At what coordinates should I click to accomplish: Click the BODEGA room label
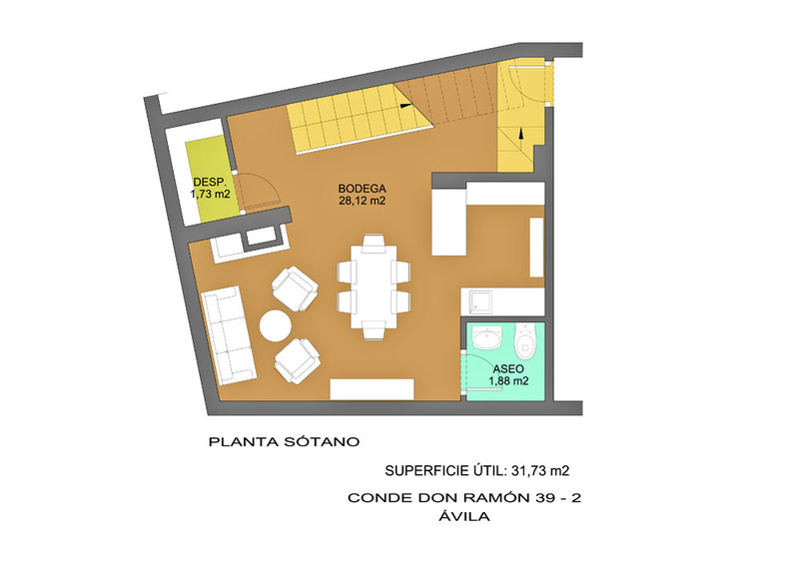click(x=362, y=188)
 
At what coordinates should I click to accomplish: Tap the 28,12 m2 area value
click(x=362, y=201)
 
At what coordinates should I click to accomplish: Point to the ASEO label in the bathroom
click(x=508, y=369)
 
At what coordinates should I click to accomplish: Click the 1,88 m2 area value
click(x=508, y=381)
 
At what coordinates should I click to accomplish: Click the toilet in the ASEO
click(x=525, y=340)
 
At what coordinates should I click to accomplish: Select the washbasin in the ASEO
click(x=487, y=337)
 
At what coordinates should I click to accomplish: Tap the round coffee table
click(x=275, y=325)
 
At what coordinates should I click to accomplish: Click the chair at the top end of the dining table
click(x=375, y=241)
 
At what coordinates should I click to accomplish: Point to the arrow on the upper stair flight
click(x=405, y=106)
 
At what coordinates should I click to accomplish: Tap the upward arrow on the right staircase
click(x=520, y=134)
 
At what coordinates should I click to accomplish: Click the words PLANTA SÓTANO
click(x=284, y=442)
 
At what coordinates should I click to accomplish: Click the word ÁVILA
click(x=464, y=517)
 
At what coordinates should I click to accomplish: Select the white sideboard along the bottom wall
click(x=372, y=389)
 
